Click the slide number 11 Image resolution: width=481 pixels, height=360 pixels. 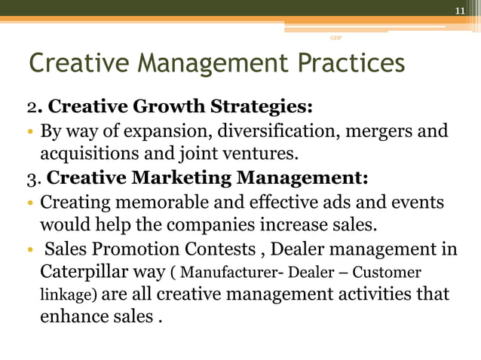(x=460, y=11)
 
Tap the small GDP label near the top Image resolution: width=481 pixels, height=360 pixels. (x=335, y=37)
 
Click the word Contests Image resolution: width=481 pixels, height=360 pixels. (x=218, y=249)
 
